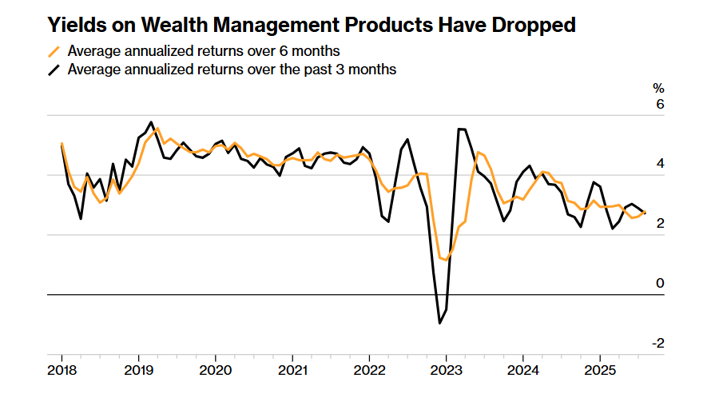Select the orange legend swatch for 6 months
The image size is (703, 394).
click(54, 52)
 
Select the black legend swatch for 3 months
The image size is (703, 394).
click(54, 70)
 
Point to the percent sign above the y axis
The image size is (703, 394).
click(658, 88)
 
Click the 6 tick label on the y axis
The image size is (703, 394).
click(660, 105)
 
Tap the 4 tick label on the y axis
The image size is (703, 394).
click(660, 164)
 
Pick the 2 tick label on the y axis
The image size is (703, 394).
click(660, 224)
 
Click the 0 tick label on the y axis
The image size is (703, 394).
click(660, 283)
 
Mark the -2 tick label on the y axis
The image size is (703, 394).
click(658, 343)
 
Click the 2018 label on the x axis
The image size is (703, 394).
click(62, 371)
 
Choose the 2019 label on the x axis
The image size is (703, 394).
click(138, 371)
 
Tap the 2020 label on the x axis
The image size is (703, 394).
click(215, 371)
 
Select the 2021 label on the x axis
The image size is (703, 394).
click(292, 371)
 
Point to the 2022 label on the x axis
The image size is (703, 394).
click(368, 371)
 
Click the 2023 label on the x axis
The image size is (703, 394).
click(445, 371)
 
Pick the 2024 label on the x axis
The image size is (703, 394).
click(522, 371)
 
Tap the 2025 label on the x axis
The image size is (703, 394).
click(598, 371)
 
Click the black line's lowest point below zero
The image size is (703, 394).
click(439, 323)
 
